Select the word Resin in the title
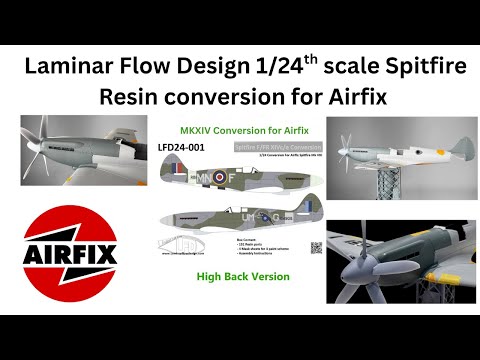(133, 98)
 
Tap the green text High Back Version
(243, 276)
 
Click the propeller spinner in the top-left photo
(41, 143)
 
